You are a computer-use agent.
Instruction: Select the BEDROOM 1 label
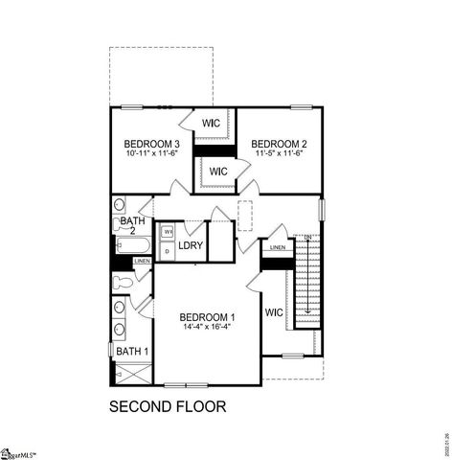[x=208, y=316]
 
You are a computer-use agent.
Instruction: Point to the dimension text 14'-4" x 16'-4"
[x=208, y=326]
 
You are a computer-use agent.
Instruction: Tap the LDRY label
[x=189, y=246]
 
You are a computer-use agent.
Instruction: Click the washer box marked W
[x=167, y=232]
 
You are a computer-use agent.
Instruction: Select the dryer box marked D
[x=167, y=251]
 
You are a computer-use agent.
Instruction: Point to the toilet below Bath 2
[x=123, y=281]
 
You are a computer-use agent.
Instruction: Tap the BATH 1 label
[x=131, y=352]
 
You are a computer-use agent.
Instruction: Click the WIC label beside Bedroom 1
[x=274, y=312]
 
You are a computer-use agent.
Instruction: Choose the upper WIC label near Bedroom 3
[x=212, y=123]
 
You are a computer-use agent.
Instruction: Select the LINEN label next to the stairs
[x=277, y=248]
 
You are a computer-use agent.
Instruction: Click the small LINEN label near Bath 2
[x=141, y=261]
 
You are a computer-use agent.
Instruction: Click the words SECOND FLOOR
[x=168, y=406]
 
